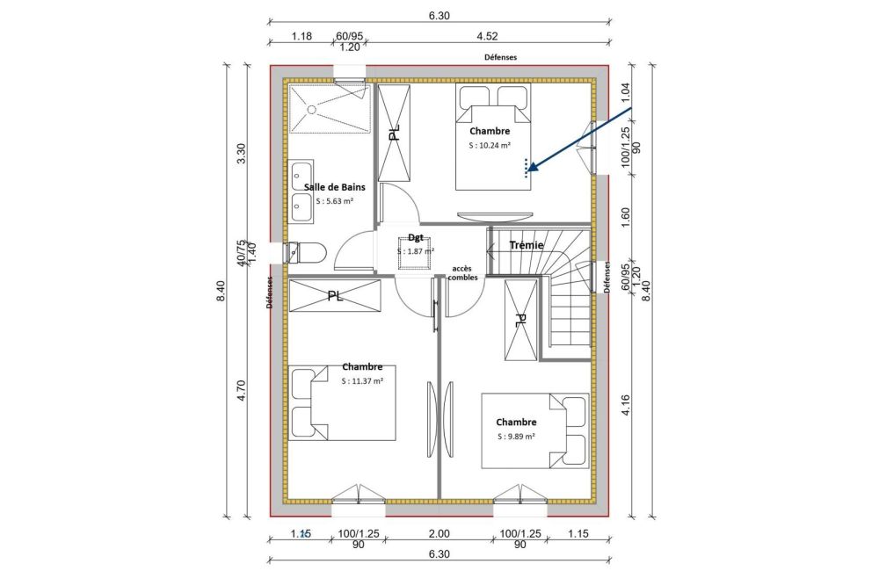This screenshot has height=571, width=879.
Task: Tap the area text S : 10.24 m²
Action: (x=490, y=146)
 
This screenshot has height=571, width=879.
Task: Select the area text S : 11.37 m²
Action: (x=362, y=380)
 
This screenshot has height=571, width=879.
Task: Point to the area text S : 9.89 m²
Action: (x=516, y=436)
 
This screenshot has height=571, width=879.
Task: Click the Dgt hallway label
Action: (x=416, y=237)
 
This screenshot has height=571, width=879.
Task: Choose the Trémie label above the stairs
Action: (x=527, y=245)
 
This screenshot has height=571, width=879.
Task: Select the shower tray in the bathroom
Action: (x=327, y=107)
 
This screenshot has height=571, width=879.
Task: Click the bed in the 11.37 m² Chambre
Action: (x=342, y=402)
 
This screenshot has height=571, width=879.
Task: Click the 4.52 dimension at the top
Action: (x=490, y=37)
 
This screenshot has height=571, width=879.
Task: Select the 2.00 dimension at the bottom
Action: (x=439, y=533)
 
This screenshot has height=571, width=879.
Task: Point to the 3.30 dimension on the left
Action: (x=243, y=155)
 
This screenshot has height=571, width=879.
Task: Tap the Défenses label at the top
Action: (x=500, y=56)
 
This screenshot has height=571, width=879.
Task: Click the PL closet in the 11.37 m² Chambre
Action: (x=335, y=295)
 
